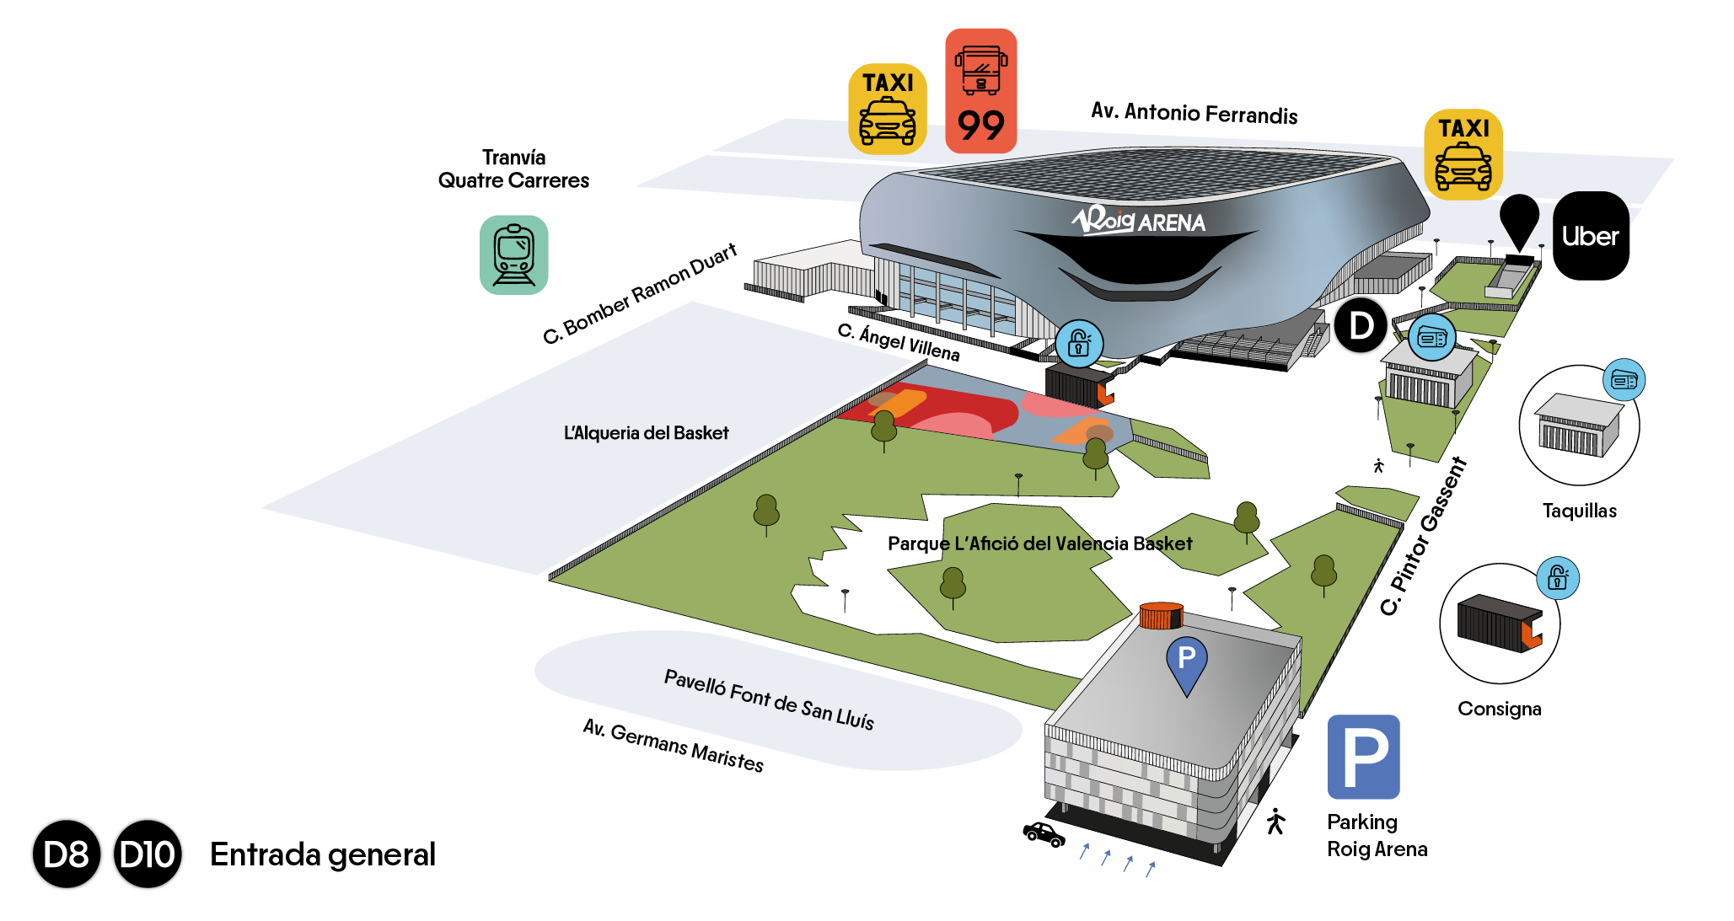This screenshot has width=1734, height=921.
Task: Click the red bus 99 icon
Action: [x=980, y=91]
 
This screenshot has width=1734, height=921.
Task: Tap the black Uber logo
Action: [x=1591, y=236]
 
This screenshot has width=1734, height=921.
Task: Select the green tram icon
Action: [x=513, y=254]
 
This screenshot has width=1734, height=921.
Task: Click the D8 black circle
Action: [x=67, y=854]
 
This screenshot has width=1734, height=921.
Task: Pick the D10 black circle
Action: [x=148, y=854]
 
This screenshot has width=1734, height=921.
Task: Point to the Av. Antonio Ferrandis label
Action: [x=1194, y=113]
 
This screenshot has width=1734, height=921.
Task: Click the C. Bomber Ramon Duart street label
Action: [x=640, y=293]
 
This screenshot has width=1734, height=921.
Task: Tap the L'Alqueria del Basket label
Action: [x=646, y=433]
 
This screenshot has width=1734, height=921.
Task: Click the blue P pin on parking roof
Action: [x=1186, y=662]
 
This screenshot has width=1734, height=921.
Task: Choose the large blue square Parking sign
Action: [x=1363, y=757]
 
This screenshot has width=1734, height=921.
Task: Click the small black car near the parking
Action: [x=1044, y=834]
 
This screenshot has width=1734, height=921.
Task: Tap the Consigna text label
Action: [x=1499, y=709]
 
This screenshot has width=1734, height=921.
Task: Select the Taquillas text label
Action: [x=1579, y=511]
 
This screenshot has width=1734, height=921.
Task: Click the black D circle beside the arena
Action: [x=1361, y=325]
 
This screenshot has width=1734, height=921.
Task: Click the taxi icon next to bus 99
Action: [x=887, y=109]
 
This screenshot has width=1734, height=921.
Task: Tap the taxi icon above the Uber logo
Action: [x=1463, y=154]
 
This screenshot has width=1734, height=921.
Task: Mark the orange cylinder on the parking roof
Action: [x=1161, y=616]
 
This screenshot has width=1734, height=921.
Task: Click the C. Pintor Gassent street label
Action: [x=1424, y=536]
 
